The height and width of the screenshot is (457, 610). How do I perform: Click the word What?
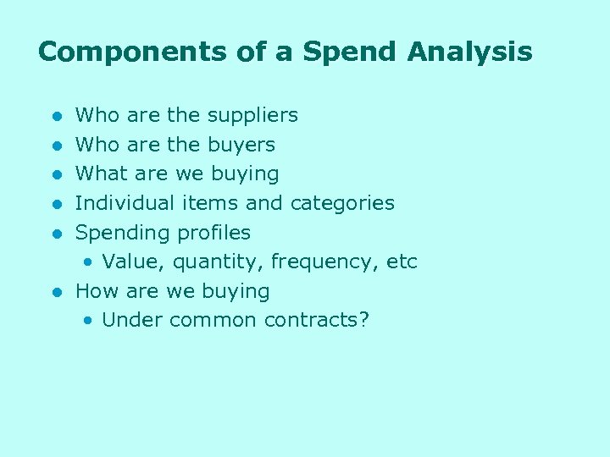[x=100, y=174]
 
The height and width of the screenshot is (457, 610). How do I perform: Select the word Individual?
[x=125, y=203]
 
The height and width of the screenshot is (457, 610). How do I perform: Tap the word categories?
[x=342, y=203]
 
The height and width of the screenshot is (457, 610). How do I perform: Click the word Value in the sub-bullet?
[x=129, y=262]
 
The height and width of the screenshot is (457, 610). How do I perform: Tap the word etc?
[x=402, y=262]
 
